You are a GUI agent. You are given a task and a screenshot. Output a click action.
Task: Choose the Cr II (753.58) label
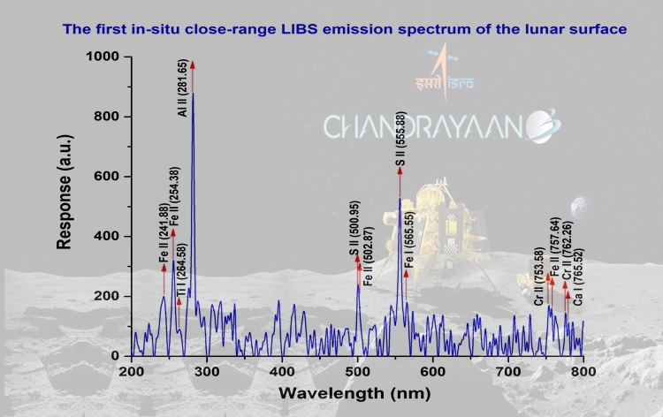click(538, 279)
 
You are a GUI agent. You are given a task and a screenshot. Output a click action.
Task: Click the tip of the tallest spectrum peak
click(193, 94)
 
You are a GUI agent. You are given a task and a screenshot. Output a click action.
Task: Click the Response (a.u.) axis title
click(65, 206)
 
